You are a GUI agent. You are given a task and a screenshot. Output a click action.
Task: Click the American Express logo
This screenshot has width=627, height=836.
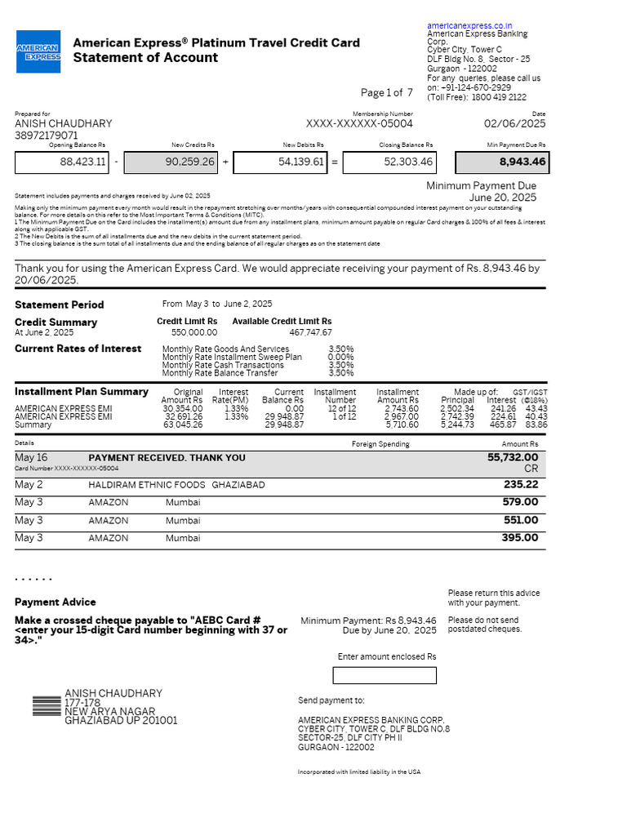[x=38, y=51]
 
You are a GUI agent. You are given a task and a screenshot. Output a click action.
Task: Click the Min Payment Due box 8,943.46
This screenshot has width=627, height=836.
[x=500, y=162]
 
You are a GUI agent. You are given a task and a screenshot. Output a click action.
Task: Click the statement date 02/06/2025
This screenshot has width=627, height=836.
[x=514, y=124]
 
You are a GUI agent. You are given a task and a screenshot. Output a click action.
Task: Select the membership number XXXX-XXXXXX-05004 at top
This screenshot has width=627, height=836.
[x=359, y=124]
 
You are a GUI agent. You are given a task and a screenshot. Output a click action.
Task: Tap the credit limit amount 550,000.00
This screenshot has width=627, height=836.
[x=193, y=333]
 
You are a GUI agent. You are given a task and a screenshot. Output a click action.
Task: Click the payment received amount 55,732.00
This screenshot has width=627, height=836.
[x=512, y=458]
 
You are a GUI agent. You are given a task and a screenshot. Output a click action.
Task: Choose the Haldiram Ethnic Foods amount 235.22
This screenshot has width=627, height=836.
[x=520, y=484]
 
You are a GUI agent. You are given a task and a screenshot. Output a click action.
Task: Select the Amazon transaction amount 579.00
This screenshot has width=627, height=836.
[x=520, y=502]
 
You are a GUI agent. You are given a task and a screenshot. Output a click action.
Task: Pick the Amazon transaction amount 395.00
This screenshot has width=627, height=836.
[x=520, y=538]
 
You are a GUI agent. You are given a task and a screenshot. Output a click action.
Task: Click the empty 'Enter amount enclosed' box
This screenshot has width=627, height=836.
[x=385, y=675]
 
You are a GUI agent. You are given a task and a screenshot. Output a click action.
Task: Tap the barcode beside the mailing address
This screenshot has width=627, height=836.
[x=47, y=707]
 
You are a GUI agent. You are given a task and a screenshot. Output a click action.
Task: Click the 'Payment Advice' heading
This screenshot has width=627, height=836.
[x=56, y=603]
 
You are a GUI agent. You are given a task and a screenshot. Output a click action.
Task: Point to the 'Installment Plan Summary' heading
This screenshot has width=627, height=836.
[x=82, y=392]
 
